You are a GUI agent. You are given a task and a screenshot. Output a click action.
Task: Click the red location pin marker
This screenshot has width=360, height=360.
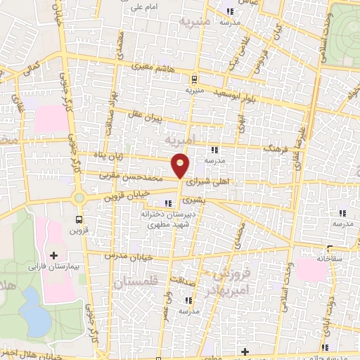click(x=181, y=166)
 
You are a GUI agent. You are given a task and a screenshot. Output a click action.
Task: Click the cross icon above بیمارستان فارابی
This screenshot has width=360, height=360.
click(x=54, y=253)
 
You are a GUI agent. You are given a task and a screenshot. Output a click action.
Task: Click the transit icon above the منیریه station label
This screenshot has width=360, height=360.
click(x=195, y=79)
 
